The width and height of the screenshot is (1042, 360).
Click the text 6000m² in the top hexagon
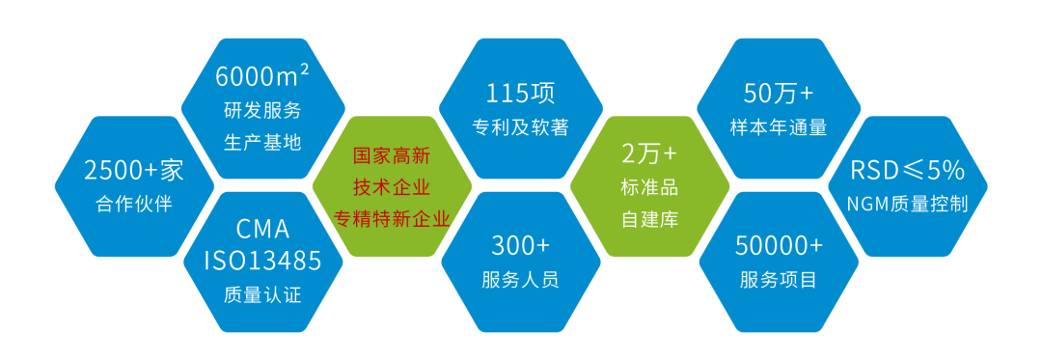point(262,74)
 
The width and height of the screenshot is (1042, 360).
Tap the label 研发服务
point(262,109)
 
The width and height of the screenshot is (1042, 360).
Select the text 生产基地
point(262,141)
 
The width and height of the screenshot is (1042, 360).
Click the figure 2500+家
point(134,171)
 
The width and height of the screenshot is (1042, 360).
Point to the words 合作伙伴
point(134,204)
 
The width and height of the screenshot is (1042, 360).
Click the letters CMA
point(262,230)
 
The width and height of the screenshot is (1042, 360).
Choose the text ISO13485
point(262,261)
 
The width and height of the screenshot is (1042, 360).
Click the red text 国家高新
point(392,154)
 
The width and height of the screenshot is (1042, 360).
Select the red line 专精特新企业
point(392,218)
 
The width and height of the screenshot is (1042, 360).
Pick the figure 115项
point(521,94)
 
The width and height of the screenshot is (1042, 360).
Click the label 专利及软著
point(521,126)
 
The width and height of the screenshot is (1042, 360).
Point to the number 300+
point(521,245)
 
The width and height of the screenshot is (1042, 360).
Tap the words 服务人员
point(521,280)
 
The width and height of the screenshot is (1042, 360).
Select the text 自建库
point(649,219)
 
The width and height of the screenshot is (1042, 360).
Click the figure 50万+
point(779,93)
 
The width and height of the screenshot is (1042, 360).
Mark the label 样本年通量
point(779,126)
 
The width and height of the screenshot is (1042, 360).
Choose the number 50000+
point(779,245)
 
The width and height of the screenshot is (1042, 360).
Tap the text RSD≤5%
point(907,171)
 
